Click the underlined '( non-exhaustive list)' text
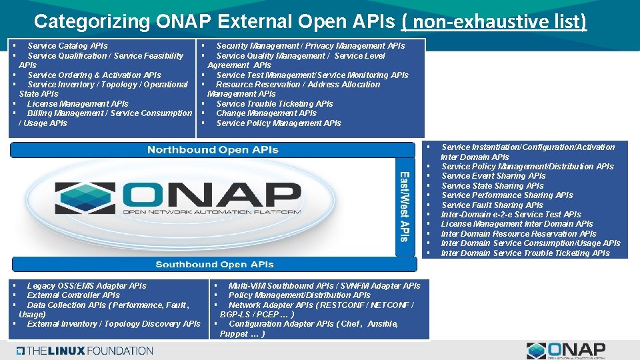pyautogui.click(x=494, y=21)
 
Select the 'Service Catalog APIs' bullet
pyautogui.click(x=67, y=46)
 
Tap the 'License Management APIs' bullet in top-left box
pyautogui.click(x=77, y=104)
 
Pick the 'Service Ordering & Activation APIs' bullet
pyautogui.click(x=94, y=75)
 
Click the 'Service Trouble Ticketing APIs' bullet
pyautogui.click(x=274, y=104)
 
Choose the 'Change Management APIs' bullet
pyautogui.click(x=266, y=113)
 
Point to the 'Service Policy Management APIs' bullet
pyautogui.click(x=278, y=123)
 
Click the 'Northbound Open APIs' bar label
pyautogui.click(x=213, y=149)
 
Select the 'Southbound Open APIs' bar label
pyautogui.click(x=215, y=265)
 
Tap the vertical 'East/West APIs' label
pyautogui.click(x=404, y=207)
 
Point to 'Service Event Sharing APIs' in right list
pyautogui.click(x=493, y=176)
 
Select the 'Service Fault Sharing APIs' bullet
pyautogui.click(x=492, y=205)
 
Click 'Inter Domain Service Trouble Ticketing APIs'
pyautogui.click(x=525, y=253)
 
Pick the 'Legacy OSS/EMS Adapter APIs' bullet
pyautogui.click(x=87, y=286)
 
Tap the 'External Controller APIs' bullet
pyautogui.click(x=73, y=295)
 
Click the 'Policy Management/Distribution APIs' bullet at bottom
pyautogui.click(x=299, y=295)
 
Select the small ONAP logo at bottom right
pyautogui.click(x=566, y=350)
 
